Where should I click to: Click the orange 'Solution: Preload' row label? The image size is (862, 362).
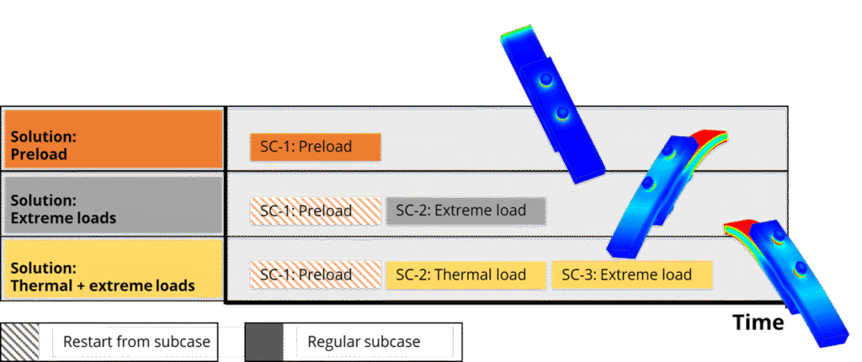113,139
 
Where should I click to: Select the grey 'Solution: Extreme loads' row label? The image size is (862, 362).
113,205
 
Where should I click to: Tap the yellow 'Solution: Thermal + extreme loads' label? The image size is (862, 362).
113,271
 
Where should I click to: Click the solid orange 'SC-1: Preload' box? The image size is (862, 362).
315,146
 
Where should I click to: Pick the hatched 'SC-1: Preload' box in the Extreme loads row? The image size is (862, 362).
315,210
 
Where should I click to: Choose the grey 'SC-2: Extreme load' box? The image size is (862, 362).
466,210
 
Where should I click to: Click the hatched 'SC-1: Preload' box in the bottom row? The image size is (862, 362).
315,275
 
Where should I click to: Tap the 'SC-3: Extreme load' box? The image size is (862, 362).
631,275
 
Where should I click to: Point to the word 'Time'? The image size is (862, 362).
758,322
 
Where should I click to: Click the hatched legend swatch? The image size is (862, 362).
19,341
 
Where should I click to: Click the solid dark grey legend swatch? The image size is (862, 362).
265,341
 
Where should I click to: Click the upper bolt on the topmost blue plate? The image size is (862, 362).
547,81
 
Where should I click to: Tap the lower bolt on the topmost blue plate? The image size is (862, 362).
563,113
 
